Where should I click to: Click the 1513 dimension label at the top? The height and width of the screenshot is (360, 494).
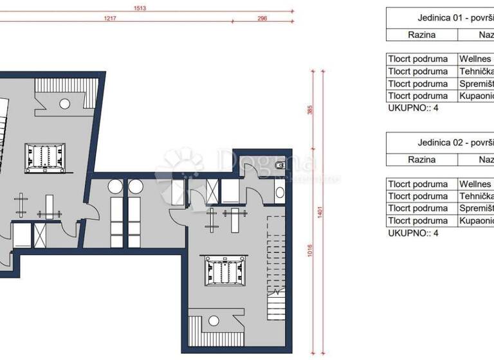pos(139,8)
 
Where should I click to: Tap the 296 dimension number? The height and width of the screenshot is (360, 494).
pos(262,19)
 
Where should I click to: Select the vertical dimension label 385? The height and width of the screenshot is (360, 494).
pos(310,110)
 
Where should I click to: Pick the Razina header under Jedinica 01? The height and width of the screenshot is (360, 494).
pos(421,35)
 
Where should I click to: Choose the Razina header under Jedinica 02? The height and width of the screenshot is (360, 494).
pos(421,159)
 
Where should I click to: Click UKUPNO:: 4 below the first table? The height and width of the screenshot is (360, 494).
pos(413,108)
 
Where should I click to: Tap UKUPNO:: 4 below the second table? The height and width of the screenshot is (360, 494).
pos(413,233)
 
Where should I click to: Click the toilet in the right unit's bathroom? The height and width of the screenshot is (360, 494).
pos(279,166)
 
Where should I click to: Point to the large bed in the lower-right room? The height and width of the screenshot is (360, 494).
pos(224,271)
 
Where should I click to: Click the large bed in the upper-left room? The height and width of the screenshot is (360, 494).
pos(45,156)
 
